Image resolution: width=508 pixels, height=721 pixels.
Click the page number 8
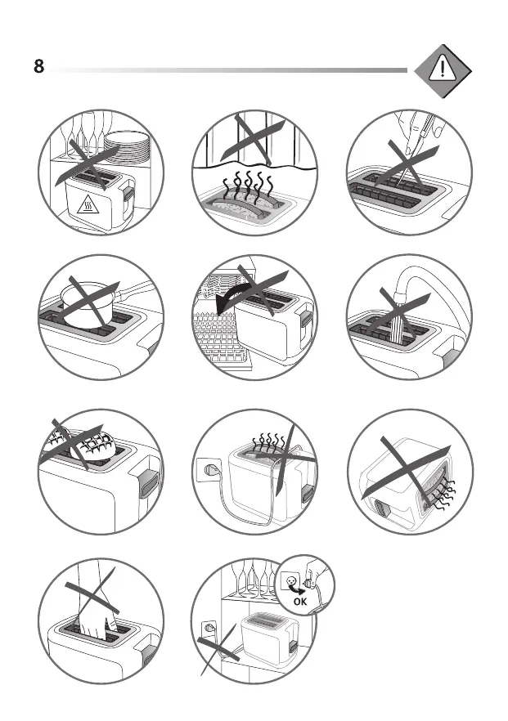pos(38,66)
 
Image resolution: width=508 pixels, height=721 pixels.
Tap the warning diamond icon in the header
pos(443,71)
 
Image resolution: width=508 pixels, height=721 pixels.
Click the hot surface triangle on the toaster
pos(88,205)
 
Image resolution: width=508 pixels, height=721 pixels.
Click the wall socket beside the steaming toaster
pos(208,470)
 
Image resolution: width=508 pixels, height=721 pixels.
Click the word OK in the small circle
pos(300,601)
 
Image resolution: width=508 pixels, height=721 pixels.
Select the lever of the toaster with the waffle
pos(147,483)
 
